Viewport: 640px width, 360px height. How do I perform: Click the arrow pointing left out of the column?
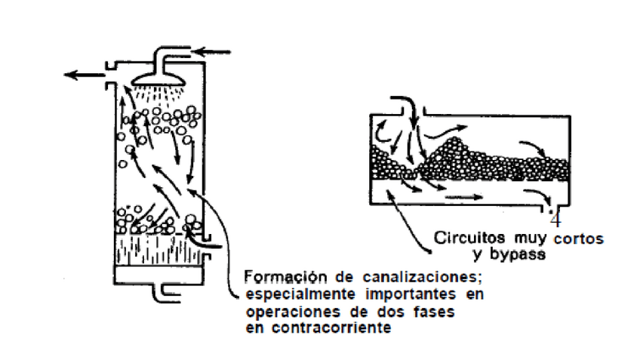[82, 74]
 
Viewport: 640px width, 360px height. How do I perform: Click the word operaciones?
[284, 310]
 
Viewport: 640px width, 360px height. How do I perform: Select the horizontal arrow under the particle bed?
[464, 197]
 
